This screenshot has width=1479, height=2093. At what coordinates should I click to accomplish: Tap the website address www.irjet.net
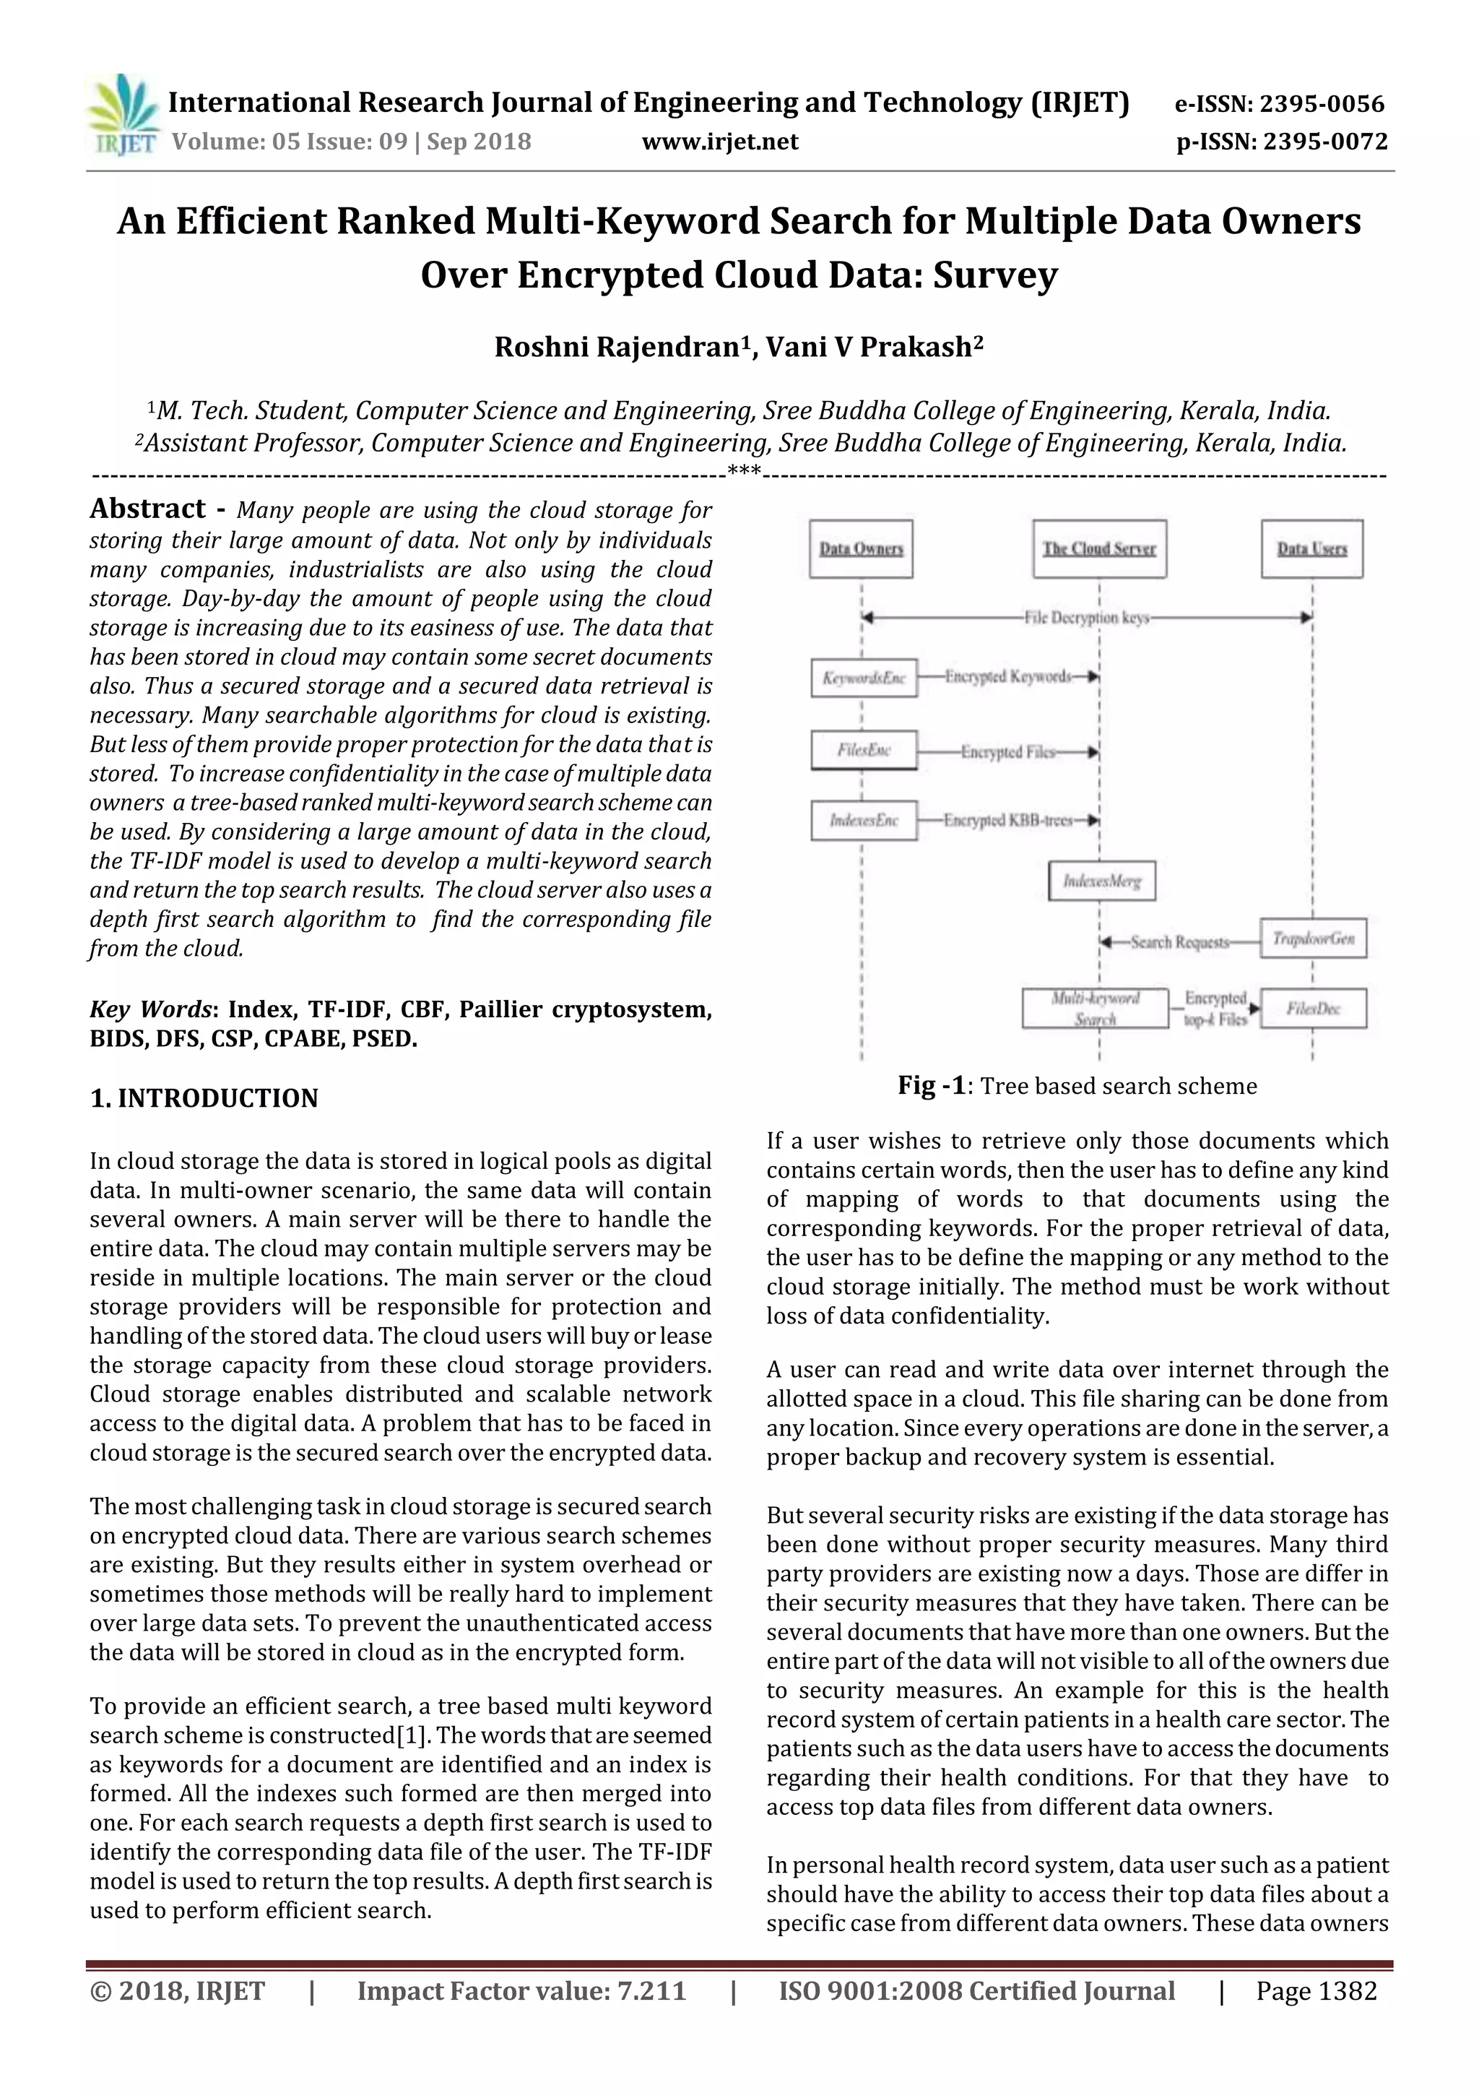(x=720, y=142)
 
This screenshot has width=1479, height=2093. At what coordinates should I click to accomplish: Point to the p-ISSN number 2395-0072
(x=1322, y=142)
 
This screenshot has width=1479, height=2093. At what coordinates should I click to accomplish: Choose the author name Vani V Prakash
(x=873, y=348)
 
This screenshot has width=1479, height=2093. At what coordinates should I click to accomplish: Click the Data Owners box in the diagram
(x=861, y=549)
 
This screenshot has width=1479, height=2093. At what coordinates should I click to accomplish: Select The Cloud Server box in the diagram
(x=1099, y=549)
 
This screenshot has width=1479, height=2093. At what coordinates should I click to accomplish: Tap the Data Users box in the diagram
(x=1311, y=549)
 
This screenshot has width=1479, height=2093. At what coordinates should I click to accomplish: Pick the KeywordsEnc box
(x=864, y=677)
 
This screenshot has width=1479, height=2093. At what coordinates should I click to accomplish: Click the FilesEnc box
(x=864, y=750)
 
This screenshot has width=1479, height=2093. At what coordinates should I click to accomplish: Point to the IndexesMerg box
(x=1102, y=881)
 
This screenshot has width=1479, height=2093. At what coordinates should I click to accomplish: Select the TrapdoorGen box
(x=1313, y=938)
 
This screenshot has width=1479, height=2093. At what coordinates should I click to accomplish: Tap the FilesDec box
(x=1313, y=1009)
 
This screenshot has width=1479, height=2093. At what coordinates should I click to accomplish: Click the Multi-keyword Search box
(x=1094, y=1009)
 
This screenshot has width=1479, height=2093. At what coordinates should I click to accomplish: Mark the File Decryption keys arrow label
(x=1086, y=618)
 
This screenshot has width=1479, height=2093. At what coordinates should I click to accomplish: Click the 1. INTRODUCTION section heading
(x=204, y=1098)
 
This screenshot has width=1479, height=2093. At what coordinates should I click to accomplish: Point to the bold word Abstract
(x=147, y=509)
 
